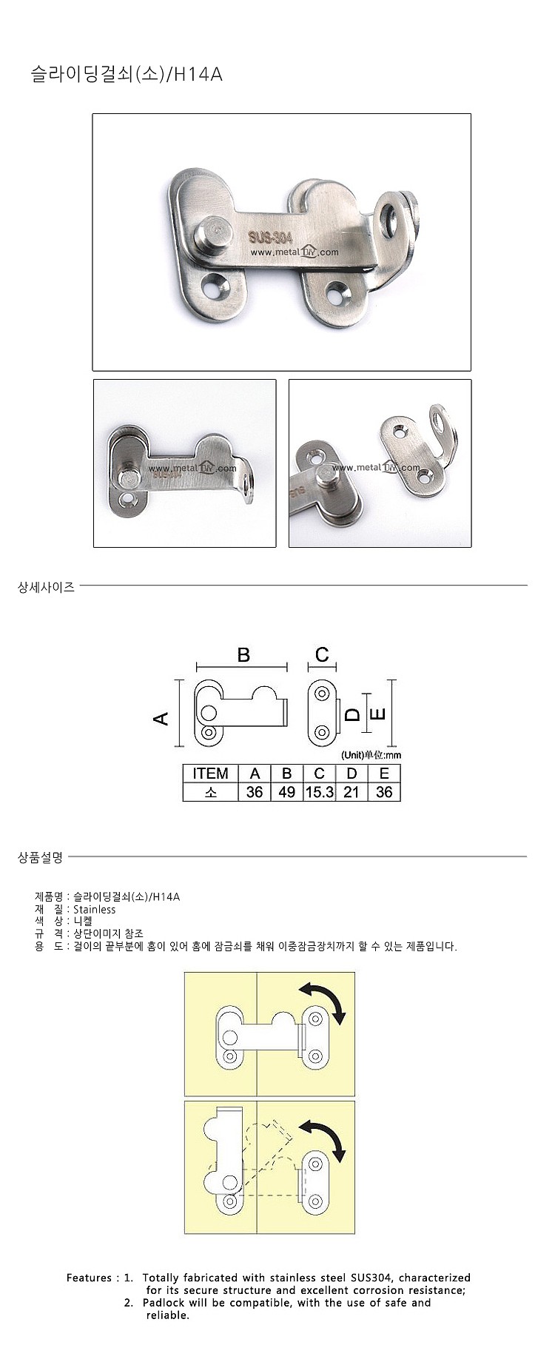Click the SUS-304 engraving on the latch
click(x=270, y=237)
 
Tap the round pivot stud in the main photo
click(x=212, y=231)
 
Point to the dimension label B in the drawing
click(x=243, y=654)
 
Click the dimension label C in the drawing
click(x=322, y=654)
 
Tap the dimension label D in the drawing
click(x=353, y=714)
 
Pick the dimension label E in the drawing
click(x=377, y=714)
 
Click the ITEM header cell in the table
click(x=210, y=774)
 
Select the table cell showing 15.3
click(x=319, y=792)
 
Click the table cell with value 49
click(x=286, y=792)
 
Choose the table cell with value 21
click(x=351, y=792)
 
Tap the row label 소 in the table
click(x=210, y=792)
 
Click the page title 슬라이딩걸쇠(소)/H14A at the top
click(x=126, y=74)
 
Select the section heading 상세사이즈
click(x=46, y=588)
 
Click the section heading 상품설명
click(x=40, y=857)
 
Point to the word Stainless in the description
click(x=95, y=909)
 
